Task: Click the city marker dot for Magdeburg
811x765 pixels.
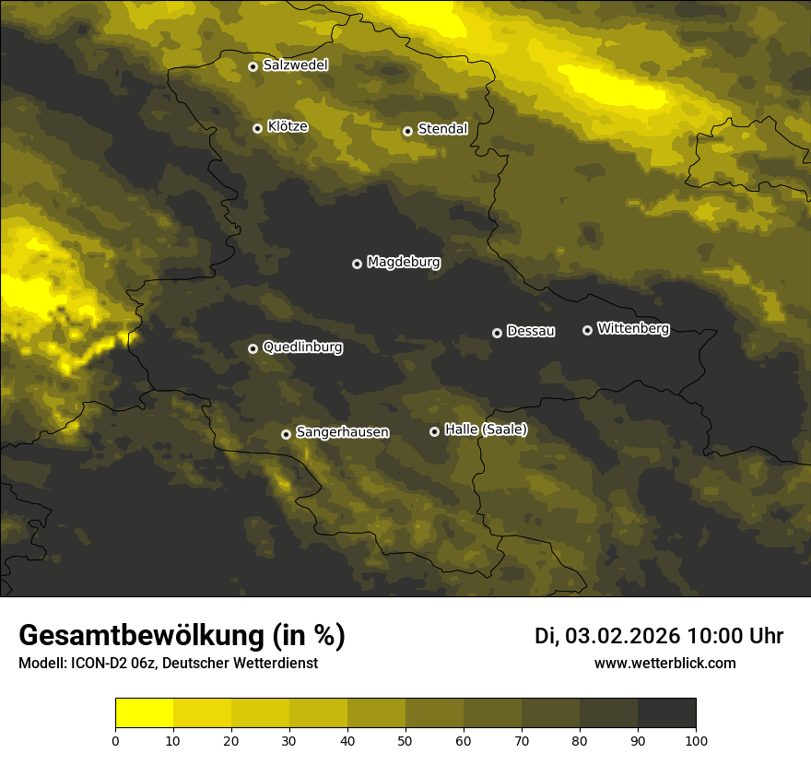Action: (358, 264)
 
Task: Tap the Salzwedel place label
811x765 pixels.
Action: (295, 65)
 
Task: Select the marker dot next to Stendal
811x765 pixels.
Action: (407, 131)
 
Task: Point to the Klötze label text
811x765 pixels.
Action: (288, 127)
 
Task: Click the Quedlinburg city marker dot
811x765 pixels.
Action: (253, 348)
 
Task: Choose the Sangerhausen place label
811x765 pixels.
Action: (342, 432)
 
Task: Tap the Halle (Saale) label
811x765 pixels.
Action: (486, 430)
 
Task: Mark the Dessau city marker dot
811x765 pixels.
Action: (497, 333)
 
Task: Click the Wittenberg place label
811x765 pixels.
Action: (633, 328)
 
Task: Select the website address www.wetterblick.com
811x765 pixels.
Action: (664, 663)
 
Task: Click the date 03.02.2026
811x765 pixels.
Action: (623, 636)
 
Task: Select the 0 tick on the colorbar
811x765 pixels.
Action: (115, 740)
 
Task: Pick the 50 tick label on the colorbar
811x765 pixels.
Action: (405, 740)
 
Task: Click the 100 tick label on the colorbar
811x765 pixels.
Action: (696, 740)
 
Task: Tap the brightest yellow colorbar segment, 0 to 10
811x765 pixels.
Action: (145, 713)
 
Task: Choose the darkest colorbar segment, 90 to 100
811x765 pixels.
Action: (667, 713)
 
